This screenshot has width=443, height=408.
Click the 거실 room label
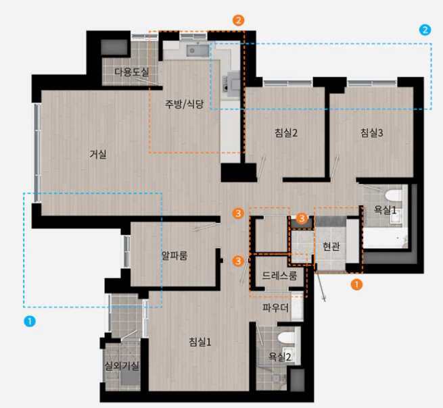pos(98,155)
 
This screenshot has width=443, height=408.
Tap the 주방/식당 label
pos(184,104)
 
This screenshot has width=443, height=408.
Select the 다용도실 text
pos(132,72)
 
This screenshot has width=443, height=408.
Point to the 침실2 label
pos(286,132)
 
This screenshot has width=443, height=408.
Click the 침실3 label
pos(372,132)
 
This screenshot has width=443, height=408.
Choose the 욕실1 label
pos(385,209)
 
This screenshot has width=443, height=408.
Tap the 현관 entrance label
pos(331,247)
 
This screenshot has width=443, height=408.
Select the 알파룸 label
pos(174,255)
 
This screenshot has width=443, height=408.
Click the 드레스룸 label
pos(279,276)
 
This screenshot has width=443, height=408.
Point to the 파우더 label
pos(275,307)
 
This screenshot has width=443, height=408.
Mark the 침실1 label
pos(200,342)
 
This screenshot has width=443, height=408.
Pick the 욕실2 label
pos(280,357)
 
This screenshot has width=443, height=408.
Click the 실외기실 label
pos(122,366)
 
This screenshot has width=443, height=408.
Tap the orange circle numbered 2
pos(238,20)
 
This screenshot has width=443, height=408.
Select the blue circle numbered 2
pos(425,30)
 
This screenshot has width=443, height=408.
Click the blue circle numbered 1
pos(30,322)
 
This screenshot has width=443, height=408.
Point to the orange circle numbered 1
pos(356,284)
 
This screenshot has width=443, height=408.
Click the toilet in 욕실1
pos(393,195)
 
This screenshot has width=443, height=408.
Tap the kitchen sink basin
pos(197,50)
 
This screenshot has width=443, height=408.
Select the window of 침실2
pos(288,83)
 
